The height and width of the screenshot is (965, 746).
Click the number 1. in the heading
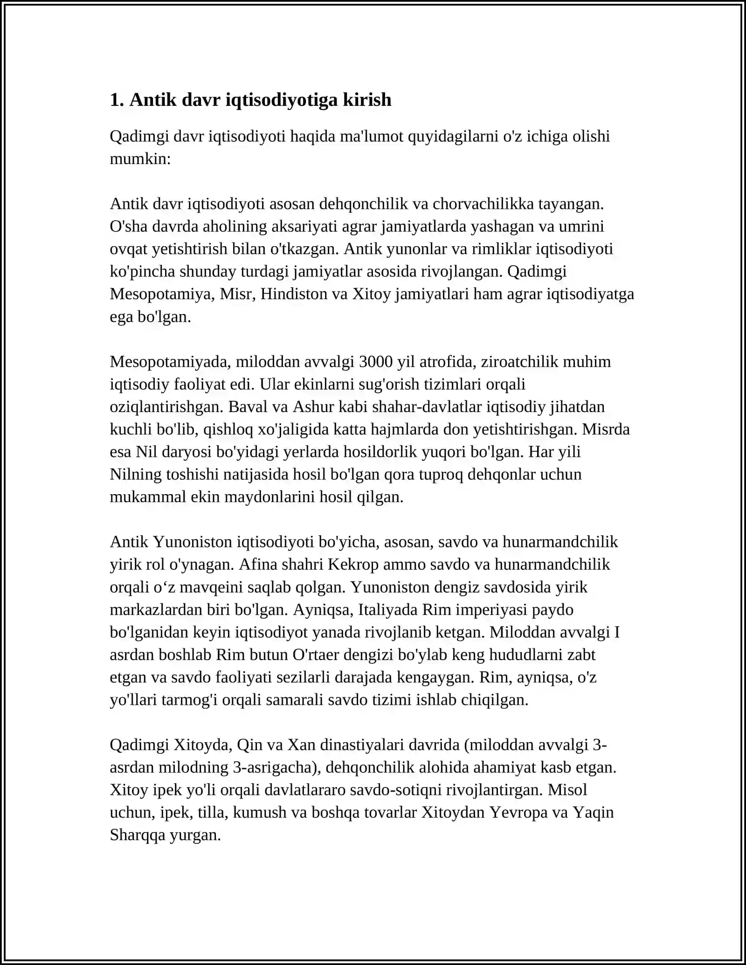(117, 100)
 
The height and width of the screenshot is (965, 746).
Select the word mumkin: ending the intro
(140, 159)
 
